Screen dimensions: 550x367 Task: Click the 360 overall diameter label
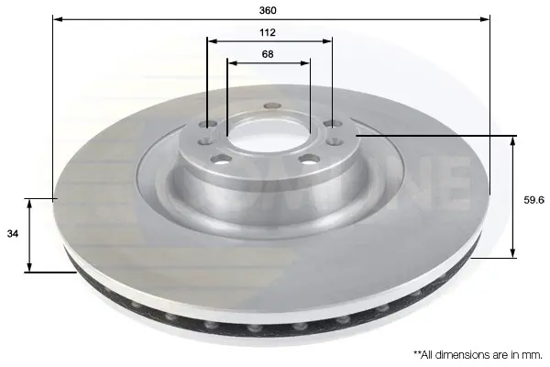tap(268, 10)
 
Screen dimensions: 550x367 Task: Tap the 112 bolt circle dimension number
tap(268, 33)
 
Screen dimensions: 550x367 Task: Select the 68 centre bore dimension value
tap(268, 54)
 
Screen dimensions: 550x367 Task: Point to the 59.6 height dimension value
tap(533, 200)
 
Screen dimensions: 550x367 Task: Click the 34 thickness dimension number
tap(12, 233)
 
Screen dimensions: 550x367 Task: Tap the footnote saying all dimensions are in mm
tap(478, 355)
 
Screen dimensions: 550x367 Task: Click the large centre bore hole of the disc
tap(269, 136)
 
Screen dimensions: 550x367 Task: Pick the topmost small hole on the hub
tap(272, 106)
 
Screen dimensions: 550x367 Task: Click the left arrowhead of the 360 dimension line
tap(58, 19)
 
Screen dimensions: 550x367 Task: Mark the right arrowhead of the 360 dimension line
tap(485, 19)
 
